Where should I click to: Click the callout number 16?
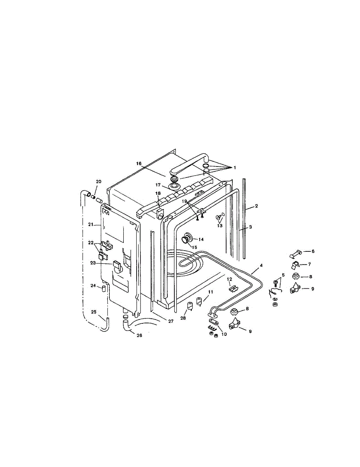pyautogui.click(x=139, y=163)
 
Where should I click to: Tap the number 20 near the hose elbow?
pyautogui.click(x=98, y=182)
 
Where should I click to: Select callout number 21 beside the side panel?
pyautogui.click(x=90, y=225)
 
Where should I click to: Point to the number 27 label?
pyautogui.click(x=170, y=321)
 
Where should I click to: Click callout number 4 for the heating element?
pyautogui.click(x=261, y=265)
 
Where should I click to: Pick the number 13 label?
pyautogui.click(x=220, y=226)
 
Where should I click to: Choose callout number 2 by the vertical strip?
pyautogui.click(x=256, y=205)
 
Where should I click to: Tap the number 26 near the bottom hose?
pyautogui.click(x=139, y=335)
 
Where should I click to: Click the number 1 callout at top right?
pyautogui.click(x=235, y=167)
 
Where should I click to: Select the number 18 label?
pyautogui.click(x=158, y=193)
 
